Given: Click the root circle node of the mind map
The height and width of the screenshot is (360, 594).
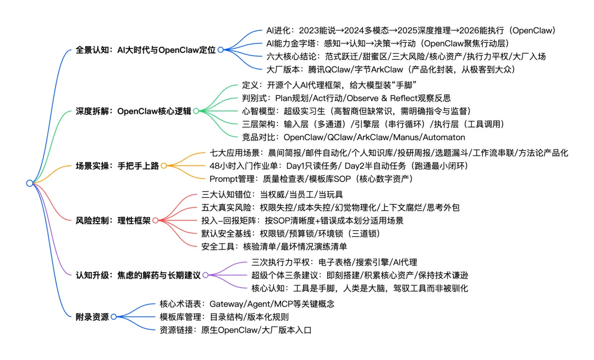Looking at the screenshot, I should (30, 183).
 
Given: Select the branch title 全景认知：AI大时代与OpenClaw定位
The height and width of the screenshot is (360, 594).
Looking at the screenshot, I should (145, 49).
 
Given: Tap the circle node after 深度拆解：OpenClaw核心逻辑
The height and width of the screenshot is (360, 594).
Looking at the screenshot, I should (195, 110).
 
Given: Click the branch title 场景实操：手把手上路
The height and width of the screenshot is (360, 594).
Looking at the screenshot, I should (117, 165).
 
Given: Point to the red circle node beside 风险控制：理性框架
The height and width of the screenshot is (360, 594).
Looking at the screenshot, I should (155, 220).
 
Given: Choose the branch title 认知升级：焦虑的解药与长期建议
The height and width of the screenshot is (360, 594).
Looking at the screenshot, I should (138, 274).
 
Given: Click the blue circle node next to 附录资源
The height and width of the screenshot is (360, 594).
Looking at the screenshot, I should (113, 316).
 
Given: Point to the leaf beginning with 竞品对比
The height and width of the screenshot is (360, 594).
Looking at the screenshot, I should (353, 137).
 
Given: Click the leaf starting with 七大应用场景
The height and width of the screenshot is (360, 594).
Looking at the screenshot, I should (389, 153).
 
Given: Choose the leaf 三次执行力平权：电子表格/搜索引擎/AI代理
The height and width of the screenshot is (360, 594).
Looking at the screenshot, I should (334, 262).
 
